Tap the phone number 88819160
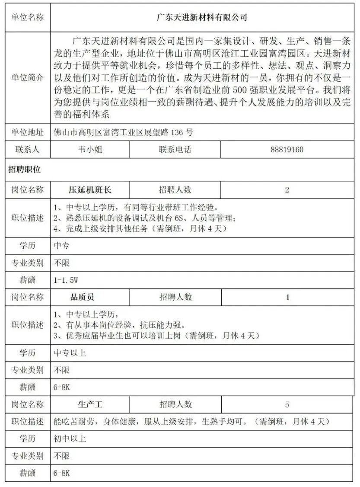(287, 150)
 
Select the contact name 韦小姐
(90, 150)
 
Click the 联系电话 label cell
(175, 150)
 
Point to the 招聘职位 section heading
(25, 170)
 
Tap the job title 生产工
(90, 405)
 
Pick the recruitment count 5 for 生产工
(287, 405)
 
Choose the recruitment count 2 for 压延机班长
(287, 189)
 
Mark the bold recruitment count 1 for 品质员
(288, 297)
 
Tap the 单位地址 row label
(27, 132)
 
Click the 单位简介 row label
(27, 78)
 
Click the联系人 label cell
(27, 150)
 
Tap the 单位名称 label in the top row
(27, 18)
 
